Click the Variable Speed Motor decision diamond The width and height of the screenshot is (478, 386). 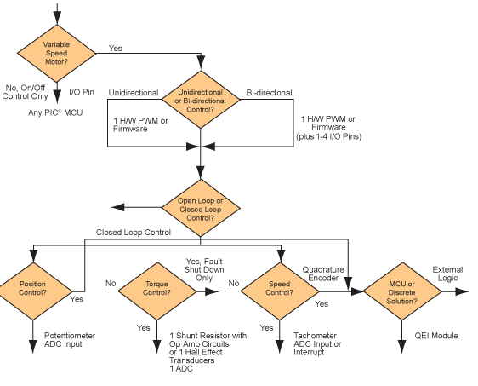coord(57,54)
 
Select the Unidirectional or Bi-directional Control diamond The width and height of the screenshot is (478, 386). coord(201,100)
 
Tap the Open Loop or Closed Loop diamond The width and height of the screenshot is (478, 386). coord(201,208)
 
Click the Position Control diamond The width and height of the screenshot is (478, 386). coord(33,291)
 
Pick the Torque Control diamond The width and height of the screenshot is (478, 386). coord(157,291)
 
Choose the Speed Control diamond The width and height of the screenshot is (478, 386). coord(280,291)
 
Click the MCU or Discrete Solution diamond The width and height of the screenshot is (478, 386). coord(402,291)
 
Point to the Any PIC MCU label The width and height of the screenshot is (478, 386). coord(55,112)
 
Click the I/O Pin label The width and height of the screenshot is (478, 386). coord(82,92)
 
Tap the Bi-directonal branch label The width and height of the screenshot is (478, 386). coord(269,93)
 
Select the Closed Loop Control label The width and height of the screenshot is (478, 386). coord(134,232)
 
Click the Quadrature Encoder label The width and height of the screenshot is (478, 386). coord(323,274)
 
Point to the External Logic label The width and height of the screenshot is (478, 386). coord(448,274)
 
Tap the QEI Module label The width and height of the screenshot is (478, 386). coord(436,336)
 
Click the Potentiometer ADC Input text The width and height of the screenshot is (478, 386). coord(70,340)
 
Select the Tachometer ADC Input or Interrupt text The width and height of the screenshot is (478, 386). coord(317,343)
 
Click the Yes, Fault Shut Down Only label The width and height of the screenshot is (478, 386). coord(204,269)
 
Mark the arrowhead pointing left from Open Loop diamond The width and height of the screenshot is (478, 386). coord(117,207)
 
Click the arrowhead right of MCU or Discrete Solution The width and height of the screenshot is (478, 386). coord(462,291)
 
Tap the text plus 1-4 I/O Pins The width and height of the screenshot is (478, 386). coord(328,136)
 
